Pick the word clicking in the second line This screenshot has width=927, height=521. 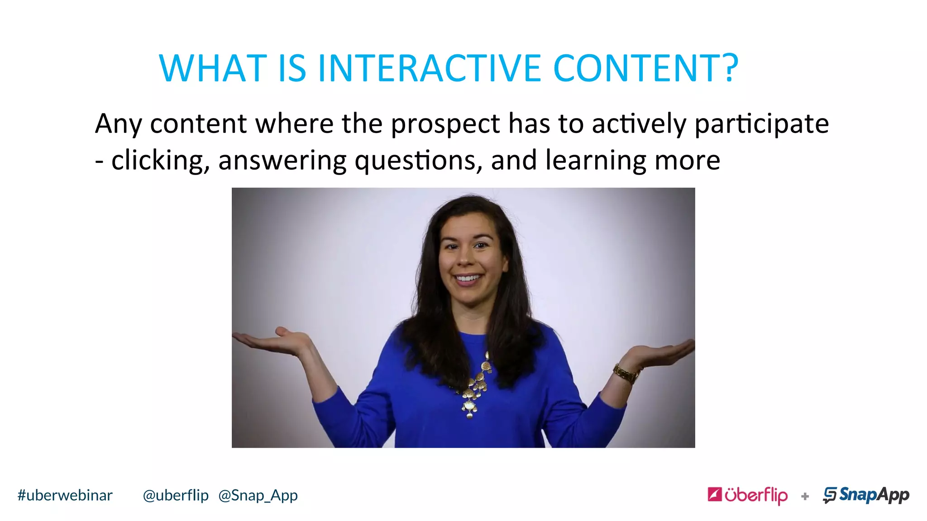pyautogui.click(x=161, y=161)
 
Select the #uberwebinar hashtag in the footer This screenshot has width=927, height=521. pyautogui.click(x=65, y=495)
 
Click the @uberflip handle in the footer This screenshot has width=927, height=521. pyautogui.click(x=176, y=495)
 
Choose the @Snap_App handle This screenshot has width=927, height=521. pyautogui.click(x=258, y=495)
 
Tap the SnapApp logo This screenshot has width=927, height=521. pyautogui.click(x=866, y=495)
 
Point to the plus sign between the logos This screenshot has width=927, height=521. pyautogui.click(x=805, y=496)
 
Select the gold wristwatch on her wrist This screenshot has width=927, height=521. pyautogui.click(x=626, y=374)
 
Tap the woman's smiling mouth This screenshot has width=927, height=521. pyautogui.click(x=468, y=278)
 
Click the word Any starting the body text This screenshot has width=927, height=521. pyautogui.click(x=118, y=124)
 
